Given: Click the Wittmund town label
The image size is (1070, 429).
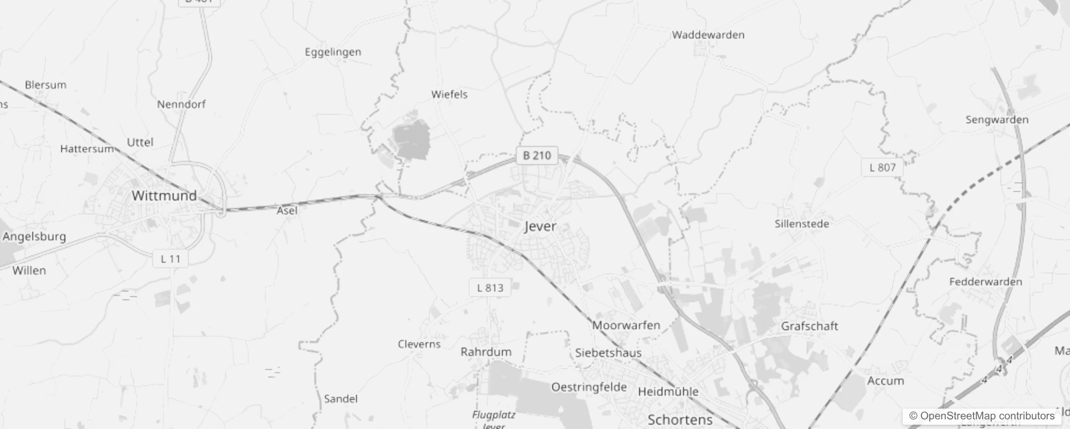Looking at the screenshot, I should (164, 196).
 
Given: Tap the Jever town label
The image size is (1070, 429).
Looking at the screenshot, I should (540, 226).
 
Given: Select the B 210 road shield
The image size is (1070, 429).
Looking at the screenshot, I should (537, 156).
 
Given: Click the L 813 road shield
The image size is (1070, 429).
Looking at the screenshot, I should (490, 288).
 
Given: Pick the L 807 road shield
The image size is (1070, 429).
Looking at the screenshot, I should (882, 167).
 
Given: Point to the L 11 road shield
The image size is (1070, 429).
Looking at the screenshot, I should (170, 259).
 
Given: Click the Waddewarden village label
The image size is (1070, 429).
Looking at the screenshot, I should (708, 35).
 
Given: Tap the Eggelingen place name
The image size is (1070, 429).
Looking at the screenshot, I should (333, 52).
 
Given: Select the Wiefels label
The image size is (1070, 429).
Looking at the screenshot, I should (449, 94).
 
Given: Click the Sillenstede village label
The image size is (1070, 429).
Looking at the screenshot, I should (801, 224).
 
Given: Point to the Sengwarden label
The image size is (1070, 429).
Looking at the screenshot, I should (997, 120).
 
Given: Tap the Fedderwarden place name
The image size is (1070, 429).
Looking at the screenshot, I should (985, 282).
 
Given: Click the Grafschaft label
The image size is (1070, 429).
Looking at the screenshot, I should (809, 326).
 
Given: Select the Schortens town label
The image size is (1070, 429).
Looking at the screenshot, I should (680, 419).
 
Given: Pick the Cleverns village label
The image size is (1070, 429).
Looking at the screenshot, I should (419, 344).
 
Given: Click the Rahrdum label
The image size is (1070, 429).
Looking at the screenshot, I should (486, 352).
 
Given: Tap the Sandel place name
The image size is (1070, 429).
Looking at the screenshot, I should (340, 399).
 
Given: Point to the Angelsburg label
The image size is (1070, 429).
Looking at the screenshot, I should (34, 236).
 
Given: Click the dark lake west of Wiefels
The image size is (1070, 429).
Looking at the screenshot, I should (411, 139).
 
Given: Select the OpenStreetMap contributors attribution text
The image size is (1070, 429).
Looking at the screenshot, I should (982, 416).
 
